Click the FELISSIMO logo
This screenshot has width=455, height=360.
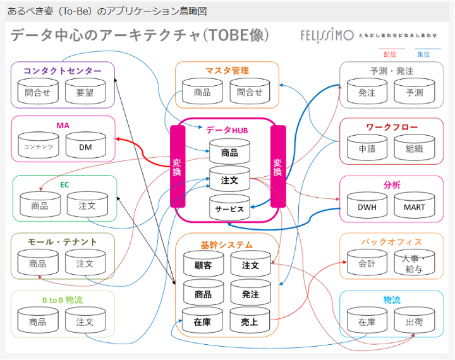tap(327, 35)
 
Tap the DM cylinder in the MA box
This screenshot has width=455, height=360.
tap(85, 147)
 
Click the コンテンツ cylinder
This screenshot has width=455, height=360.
tap(38, 147)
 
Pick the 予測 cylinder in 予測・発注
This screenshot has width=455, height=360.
tap(414, 92)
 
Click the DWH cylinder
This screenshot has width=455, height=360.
tap(367, 206)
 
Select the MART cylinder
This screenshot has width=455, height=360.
tap(414, 206)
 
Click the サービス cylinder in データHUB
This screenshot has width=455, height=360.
tap(229, 208)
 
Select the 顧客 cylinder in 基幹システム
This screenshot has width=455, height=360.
tap(203, 265)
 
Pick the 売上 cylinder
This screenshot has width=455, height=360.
tap(250, 321)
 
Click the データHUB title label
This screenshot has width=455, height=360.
tap(227, 129)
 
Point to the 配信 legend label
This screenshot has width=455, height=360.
tap(389, 54)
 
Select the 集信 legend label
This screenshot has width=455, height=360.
tap(423, 54)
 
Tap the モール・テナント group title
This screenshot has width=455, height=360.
tap(63, 241)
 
